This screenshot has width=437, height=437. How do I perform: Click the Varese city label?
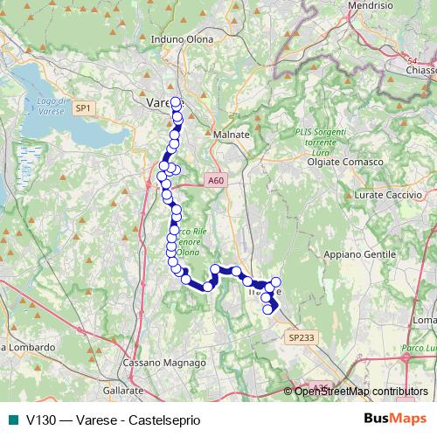coord(158,103)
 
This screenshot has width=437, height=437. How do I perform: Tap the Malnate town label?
coord(231,135)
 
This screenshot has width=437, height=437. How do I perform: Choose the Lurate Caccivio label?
coord(380,196)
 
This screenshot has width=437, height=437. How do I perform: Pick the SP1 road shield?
coord(83,108)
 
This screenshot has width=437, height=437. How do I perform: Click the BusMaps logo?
coord(394,418)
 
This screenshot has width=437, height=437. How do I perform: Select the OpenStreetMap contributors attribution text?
coord(361,392)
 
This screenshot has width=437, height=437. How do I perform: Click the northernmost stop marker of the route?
coord(176,101)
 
